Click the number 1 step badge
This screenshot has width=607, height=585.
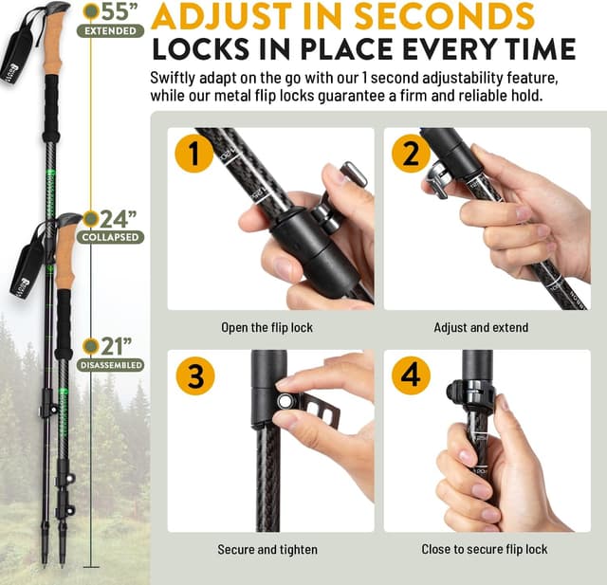point(194,153)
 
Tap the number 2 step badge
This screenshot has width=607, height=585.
point(411,153)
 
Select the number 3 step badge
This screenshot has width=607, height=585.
point(194,375)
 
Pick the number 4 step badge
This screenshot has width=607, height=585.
point(411,375)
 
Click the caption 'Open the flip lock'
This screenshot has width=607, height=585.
point(266,328)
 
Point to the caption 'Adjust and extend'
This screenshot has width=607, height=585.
point(481,328)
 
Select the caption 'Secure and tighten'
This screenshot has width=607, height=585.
point(267,549)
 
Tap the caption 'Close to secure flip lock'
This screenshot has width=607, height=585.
point(484,549)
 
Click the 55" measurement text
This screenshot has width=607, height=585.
point(118,12)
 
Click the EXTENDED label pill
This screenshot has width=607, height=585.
point(111,31)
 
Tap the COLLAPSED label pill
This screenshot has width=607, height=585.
point(111,237)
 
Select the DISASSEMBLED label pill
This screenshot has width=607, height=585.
point(111,365)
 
